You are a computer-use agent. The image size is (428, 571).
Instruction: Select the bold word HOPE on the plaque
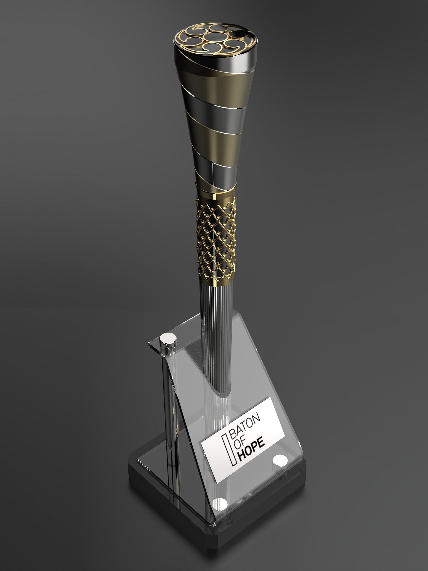[x=252, y=451]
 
